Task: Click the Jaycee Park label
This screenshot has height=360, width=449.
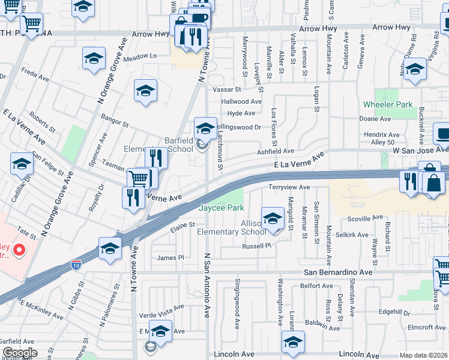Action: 221,208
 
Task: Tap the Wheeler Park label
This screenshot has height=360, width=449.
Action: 388,104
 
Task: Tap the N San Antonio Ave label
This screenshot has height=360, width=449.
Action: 207,285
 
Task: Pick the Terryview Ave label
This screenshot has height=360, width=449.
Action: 289,187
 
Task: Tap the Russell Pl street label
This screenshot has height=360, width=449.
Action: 257,246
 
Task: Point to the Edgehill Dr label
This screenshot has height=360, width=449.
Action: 394,313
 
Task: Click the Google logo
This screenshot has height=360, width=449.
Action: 20,353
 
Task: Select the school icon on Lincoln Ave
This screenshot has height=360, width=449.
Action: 293,342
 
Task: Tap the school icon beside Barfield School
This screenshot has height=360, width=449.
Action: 205,127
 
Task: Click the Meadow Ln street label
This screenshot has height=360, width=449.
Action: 140,56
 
